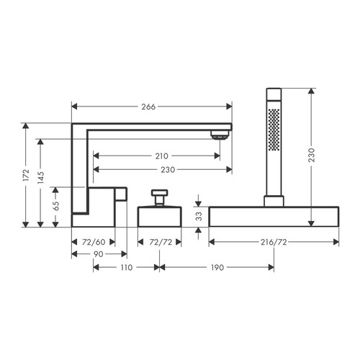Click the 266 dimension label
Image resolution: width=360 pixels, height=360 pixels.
coord(148,107)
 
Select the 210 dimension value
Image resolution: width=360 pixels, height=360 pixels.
coord(161,156)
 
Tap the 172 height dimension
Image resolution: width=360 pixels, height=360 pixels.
coord(26,175)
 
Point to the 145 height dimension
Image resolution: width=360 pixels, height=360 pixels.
coord(41,177)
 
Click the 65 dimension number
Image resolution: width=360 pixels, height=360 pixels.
coord(56,206)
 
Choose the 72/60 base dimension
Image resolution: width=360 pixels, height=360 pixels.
coord(94,242)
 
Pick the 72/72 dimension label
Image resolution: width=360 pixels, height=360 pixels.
coord(161,242)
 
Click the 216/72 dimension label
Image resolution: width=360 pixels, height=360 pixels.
coord(274,242)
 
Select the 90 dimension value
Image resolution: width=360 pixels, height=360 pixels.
coord(98,254)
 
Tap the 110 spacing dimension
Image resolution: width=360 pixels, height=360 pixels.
coord(127,267)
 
